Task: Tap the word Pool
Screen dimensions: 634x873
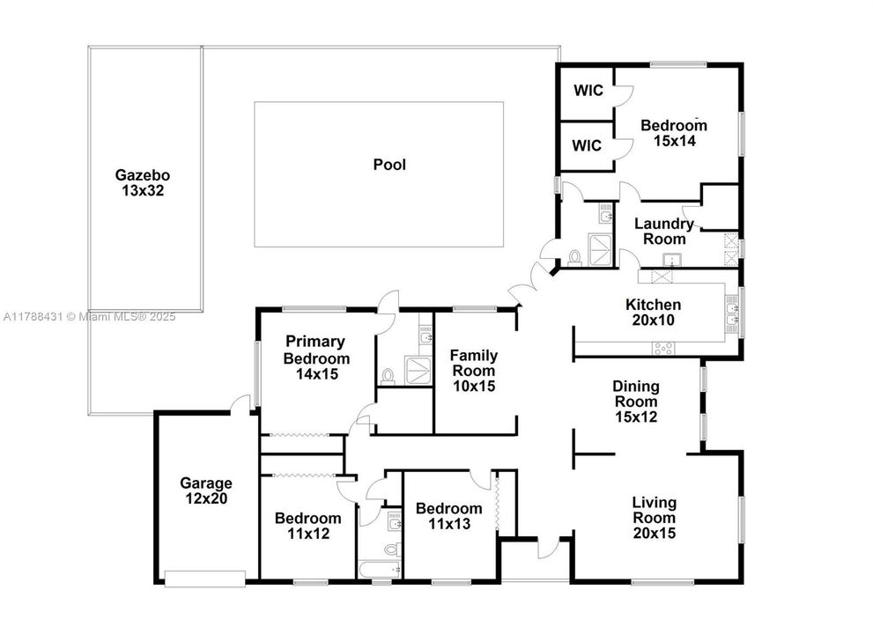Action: (x=389, y=165)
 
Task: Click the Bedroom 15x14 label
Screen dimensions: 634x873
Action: (x=674, y=132)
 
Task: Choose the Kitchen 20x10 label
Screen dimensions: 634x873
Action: (x=653, y=313)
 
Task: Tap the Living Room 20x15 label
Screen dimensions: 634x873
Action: (x=654, y=517)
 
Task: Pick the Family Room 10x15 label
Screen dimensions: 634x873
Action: (x=474, y=371)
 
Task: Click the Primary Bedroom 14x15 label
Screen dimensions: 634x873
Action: (x=315, y=358)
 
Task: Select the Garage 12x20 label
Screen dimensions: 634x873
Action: (x=206, y=490)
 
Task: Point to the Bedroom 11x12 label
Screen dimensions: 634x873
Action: (x=307, y=526)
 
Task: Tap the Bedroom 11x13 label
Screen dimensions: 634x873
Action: (x=449, y=516)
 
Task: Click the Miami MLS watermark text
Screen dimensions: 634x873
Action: (x=88, y=316)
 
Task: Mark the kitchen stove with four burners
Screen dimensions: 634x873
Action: (x=662, y=349)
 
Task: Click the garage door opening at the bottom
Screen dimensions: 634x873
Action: (x=205, y=579)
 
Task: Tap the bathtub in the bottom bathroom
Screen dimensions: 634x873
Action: (x=380, y=571)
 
